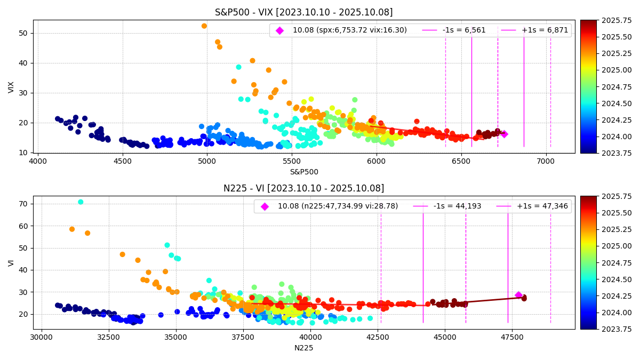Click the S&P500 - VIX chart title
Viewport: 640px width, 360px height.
303,12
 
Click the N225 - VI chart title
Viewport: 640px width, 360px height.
303,188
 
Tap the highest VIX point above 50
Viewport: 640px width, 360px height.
204,26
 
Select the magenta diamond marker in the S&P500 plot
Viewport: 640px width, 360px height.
504,134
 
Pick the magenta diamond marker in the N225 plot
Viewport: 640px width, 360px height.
518,295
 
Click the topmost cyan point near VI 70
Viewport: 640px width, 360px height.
81,202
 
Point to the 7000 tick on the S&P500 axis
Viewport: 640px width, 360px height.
546,160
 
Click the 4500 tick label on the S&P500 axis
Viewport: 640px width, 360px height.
122,160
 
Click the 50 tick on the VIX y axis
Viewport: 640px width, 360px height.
23,33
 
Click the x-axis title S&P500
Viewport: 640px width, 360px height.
303,172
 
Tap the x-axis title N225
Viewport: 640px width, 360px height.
303,348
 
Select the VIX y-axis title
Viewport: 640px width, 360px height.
12,87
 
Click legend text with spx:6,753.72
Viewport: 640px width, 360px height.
349,30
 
